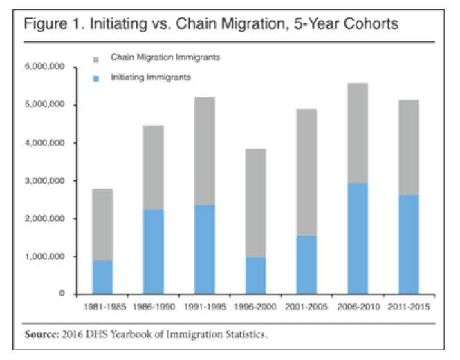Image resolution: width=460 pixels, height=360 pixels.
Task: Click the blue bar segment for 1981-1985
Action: (102, 277)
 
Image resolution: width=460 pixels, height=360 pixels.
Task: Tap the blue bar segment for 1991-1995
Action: (204, 249)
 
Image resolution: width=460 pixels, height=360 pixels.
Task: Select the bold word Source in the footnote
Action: (40, 334)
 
